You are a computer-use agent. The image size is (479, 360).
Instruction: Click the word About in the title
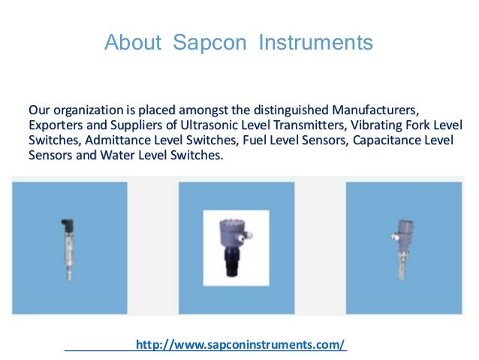pyautogui.click(x=132, y=43)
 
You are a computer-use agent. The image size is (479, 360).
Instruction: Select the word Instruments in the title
pyautogui.click(x=315, y=43)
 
